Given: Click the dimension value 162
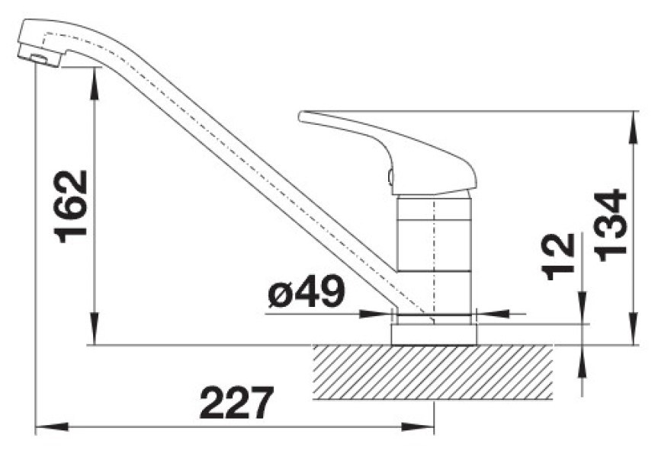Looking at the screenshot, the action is (70, 206).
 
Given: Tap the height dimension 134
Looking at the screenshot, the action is (610, 225).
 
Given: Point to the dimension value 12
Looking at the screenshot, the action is (558, 256).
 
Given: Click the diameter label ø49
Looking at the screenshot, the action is (307, 291).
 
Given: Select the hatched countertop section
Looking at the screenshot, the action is (432, 372).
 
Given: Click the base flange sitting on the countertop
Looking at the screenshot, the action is (434, 334).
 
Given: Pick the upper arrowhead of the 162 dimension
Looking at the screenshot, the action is (95, 84).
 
